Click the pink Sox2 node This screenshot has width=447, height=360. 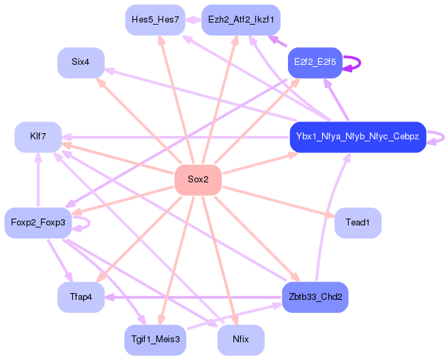[x=198, y=180]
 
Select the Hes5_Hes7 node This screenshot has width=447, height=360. [x=155, y=20]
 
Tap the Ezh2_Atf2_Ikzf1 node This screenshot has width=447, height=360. [x=241, y=20]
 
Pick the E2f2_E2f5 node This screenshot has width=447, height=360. [x=315, y=62]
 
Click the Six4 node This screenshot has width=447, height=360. [x=81, y=62]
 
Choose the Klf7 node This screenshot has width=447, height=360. [x=38, y=137]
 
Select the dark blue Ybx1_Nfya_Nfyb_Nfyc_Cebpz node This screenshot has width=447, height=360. [x=358, y=137]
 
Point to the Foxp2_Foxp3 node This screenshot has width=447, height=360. [x=38, y=223]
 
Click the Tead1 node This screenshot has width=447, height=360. [x=358, y=223]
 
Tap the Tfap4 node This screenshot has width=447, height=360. [x=81, y=297]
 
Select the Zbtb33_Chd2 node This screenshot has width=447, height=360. [x=315, y=297]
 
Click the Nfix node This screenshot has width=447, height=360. [x=241, y=339]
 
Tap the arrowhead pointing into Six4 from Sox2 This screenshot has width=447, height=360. [x=101, y=82]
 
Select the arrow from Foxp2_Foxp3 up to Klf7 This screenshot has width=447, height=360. [x=38, y=181]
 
